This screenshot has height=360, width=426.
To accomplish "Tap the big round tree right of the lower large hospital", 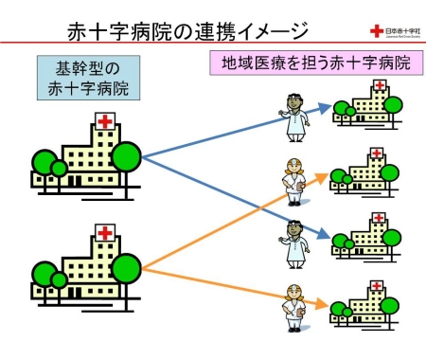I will tap(126, 265).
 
